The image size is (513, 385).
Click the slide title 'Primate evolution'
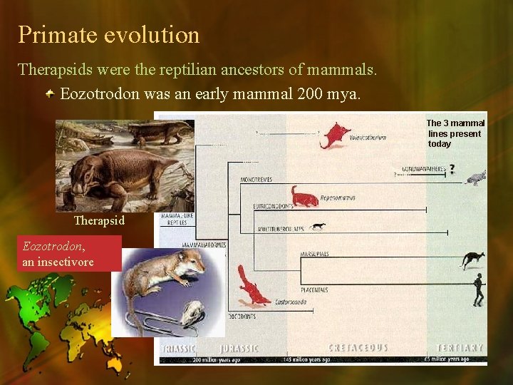point(109,34)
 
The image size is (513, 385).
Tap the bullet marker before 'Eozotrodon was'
point(51,94)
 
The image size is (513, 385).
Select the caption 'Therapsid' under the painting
point(99,221)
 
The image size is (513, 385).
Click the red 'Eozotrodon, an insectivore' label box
point(71,254)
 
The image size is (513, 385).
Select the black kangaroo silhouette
point(472,260)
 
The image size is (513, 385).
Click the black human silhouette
point(479,289)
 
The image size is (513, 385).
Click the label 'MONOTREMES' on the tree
point(256,179)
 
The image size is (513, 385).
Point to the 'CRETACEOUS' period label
point(358,348)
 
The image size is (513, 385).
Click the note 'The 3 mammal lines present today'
point(455,133)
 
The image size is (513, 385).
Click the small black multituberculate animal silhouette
point(318,227)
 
